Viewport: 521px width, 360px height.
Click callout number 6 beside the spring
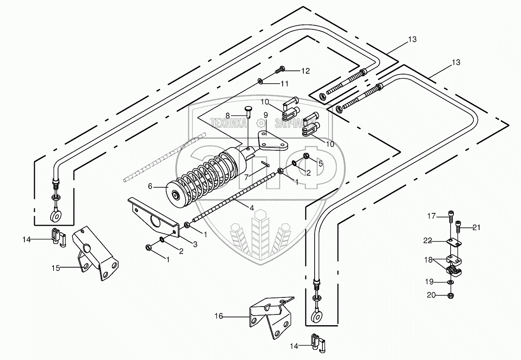(150, 186)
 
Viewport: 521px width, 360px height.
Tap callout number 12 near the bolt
(305, 71)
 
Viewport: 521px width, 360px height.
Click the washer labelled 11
(260, 81)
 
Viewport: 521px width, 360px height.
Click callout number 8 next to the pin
(228, 116)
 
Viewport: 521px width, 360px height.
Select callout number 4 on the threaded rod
(252, 208)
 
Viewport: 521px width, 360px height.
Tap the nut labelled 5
(306, 155)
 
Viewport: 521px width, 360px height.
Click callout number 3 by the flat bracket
(195, 244)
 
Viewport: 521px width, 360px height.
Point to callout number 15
(56, 268)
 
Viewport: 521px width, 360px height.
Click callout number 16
(218, 316)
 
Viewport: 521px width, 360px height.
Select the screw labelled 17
(451, 216)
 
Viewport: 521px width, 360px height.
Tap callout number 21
(477, 227)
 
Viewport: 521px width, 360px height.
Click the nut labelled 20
(451, 296)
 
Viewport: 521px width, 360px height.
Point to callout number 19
(429, 282)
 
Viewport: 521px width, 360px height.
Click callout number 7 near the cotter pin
(247, 178)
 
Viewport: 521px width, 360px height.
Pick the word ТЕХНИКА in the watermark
(228, 123)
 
